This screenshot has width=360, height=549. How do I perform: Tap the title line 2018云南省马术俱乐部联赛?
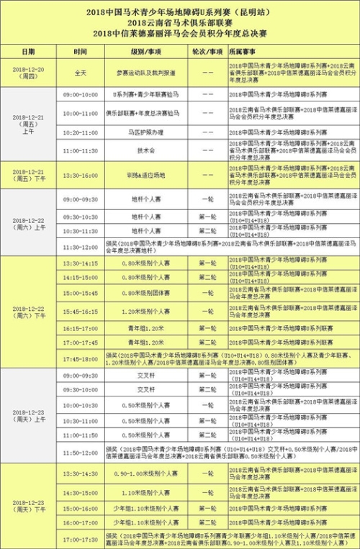[180, 23]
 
